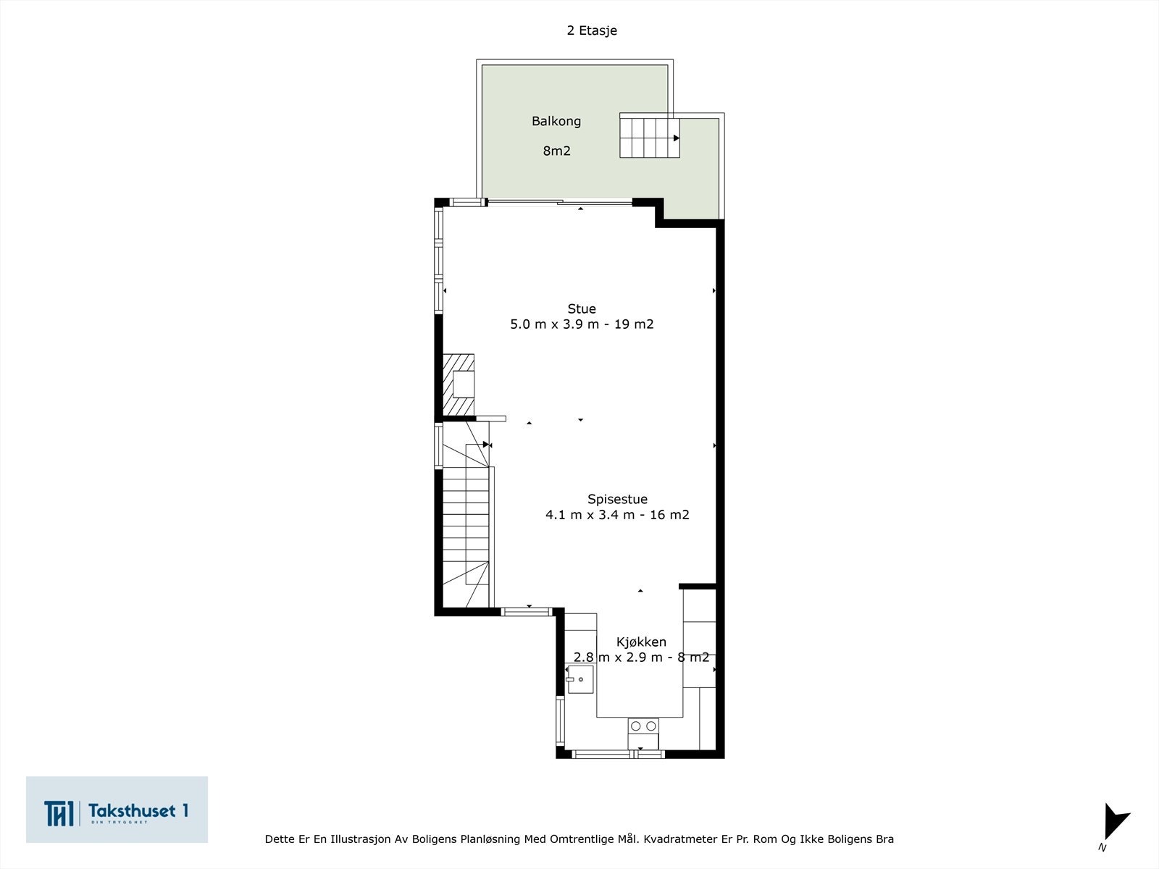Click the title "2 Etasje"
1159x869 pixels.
coord(591,30)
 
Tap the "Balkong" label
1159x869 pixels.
coord(556,122)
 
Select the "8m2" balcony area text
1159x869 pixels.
coord(556,151)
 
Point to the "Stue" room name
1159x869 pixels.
coord(582,308)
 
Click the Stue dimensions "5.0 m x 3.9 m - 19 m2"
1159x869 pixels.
coord(582,324)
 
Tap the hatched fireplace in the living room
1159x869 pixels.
coord(459,385)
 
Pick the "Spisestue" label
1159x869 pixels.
coord(617,499)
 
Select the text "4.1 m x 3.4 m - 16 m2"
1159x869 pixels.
coord(617,514)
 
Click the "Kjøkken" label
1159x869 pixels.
coord(641,642)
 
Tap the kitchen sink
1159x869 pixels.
coord(579,679)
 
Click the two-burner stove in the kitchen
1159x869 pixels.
coord(643,734)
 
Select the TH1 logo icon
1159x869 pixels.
coord(59,813)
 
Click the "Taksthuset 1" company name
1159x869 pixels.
coord(138,810)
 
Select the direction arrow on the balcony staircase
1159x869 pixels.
coord(677,138)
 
